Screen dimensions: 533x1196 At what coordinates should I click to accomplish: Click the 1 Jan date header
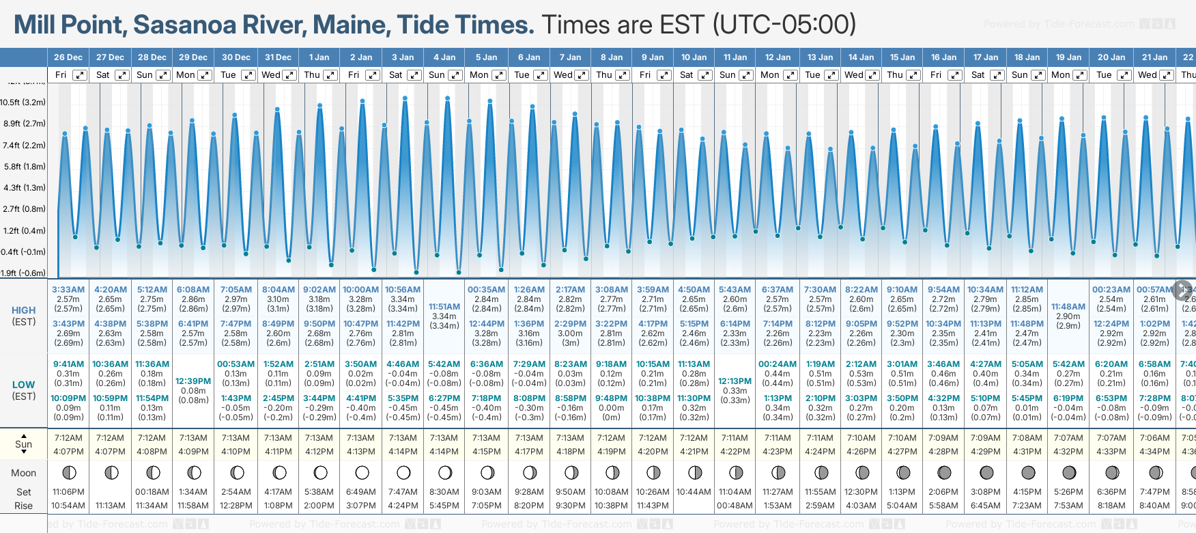[x=319, y=57]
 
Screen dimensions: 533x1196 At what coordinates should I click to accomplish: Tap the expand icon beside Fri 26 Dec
[x=80, y=75]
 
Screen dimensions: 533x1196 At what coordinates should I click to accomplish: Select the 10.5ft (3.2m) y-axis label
[x=23, y=102]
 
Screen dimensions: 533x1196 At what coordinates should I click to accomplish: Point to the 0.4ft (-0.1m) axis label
[x=23, y=252]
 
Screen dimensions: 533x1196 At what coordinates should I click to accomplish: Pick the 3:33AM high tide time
[x=68, y=290]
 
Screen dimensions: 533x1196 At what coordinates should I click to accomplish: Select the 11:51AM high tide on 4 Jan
[x=444, y=307]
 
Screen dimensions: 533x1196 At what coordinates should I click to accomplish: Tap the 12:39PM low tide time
[x=193, y=381]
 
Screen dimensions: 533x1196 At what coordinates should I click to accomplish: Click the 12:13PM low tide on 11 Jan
[x=735, y=381]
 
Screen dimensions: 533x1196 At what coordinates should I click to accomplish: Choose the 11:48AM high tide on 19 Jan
[x=1068, y=307]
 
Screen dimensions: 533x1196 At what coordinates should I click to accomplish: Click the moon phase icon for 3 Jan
[x=403, y=473]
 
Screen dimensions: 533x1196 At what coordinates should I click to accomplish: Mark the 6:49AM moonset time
[x=361, y=492]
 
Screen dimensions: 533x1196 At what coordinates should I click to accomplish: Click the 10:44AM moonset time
[x=694, y=492]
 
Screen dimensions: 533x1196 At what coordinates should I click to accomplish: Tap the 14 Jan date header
[x=862, y=57]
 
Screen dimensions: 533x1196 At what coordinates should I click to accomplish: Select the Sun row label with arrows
[x=23, y=444]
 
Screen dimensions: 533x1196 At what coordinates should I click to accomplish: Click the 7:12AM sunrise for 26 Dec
[x=68, y=438]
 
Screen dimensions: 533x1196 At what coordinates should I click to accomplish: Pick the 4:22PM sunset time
[x=735, y=452]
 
